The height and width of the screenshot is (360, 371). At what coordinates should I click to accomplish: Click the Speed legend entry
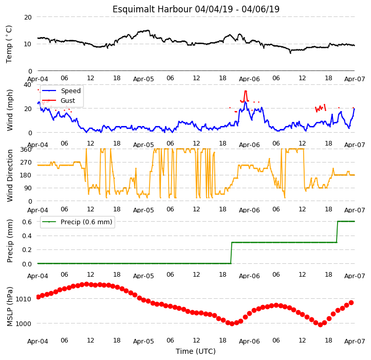(62, 91)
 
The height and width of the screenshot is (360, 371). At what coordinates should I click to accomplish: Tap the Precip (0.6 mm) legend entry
(77, 222)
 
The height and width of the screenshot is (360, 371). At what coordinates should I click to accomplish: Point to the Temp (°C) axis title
(9, 44)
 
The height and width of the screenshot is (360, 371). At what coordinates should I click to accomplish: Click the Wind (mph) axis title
(10, 110)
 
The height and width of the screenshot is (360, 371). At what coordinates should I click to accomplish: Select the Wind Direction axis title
(10, 175)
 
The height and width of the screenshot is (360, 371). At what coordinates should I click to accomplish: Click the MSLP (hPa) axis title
(10, 307)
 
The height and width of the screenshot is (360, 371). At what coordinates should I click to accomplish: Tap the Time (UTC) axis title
(196, 351)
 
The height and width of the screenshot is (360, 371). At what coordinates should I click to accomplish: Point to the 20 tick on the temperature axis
(28, 17)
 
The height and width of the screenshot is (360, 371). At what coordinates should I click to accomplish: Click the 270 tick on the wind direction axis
(26, 163)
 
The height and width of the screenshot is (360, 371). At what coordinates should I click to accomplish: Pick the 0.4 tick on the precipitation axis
(27, 236)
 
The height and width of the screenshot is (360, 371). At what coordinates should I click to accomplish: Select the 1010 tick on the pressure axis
(24, 299)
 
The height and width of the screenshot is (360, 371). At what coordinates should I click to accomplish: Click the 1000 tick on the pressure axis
(24, 324)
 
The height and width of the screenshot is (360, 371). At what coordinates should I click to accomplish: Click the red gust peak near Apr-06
(246, 91)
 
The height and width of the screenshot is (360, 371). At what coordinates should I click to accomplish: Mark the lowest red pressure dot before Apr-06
(232, 323)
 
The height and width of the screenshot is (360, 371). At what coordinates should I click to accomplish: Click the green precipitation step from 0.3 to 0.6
(337, 232)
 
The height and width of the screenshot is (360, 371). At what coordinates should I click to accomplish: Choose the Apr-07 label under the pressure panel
(355, 341)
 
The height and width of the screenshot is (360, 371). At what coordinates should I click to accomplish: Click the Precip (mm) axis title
(10, 241)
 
